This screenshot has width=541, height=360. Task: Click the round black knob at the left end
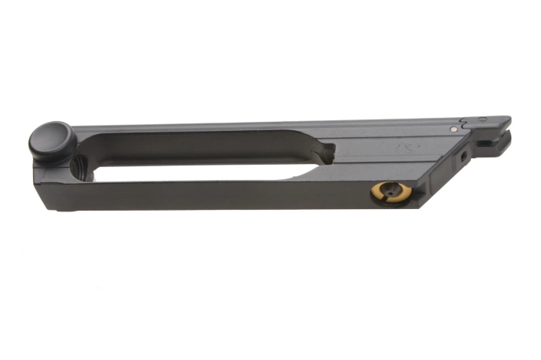[52, 140]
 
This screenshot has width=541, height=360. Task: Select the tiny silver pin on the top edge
[454, 128]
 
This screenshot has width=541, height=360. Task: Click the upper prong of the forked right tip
[497, 123]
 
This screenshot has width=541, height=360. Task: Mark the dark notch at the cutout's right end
[326, 152]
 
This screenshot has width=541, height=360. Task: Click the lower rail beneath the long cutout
[202, 194]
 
